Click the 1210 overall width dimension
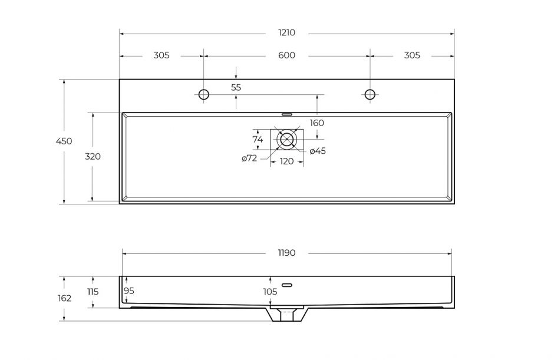(x=286, y=32)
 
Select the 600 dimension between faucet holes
(x=286, y=55)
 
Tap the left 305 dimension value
(x=161, y=55)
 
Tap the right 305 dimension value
(x=412, y=55)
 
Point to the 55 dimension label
(x=236, y=87)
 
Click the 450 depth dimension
(x=64, y=141)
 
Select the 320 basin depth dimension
(x=93, y=156)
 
